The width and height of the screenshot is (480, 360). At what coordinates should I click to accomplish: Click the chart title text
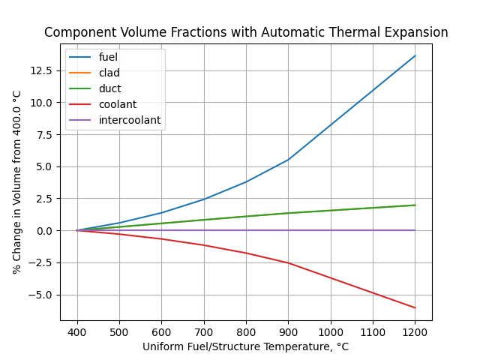[246, 33]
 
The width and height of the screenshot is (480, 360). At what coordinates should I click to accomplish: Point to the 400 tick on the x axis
[77, 331]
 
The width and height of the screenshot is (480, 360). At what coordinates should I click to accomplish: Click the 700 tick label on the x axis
[204, 331]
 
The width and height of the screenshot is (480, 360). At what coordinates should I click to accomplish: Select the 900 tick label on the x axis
[289, 331]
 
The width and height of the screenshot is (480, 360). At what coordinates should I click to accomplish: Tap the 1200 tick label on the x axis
[415, 331]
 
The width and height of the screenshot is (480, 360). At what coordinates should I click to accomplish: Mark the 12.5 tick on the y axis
[42, 70]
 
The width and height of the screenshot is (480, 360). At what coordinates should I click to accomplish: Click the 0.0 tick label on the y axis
[45, 230]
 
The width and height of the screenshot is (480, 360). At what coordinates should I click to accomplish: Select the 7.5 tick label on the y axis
[45, 134]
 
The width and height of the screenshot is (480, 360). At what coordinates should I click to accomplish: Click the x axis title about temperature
[246, 346]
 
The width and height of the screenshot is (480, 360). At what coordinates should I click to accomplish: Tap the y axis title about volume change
[17, 182]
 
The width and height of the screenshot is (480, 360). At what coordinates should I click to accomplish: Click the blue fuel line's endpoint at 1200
[415, 55]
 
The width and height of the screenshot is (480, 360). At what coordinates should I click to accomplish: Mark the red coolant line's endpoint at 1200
[415, 307]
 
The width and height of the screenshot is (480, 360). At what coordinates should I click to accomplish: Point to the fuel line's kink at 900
[289, 159]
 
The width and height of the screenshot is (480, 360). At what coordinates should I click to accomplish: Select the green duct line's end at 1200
[415, 205]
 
